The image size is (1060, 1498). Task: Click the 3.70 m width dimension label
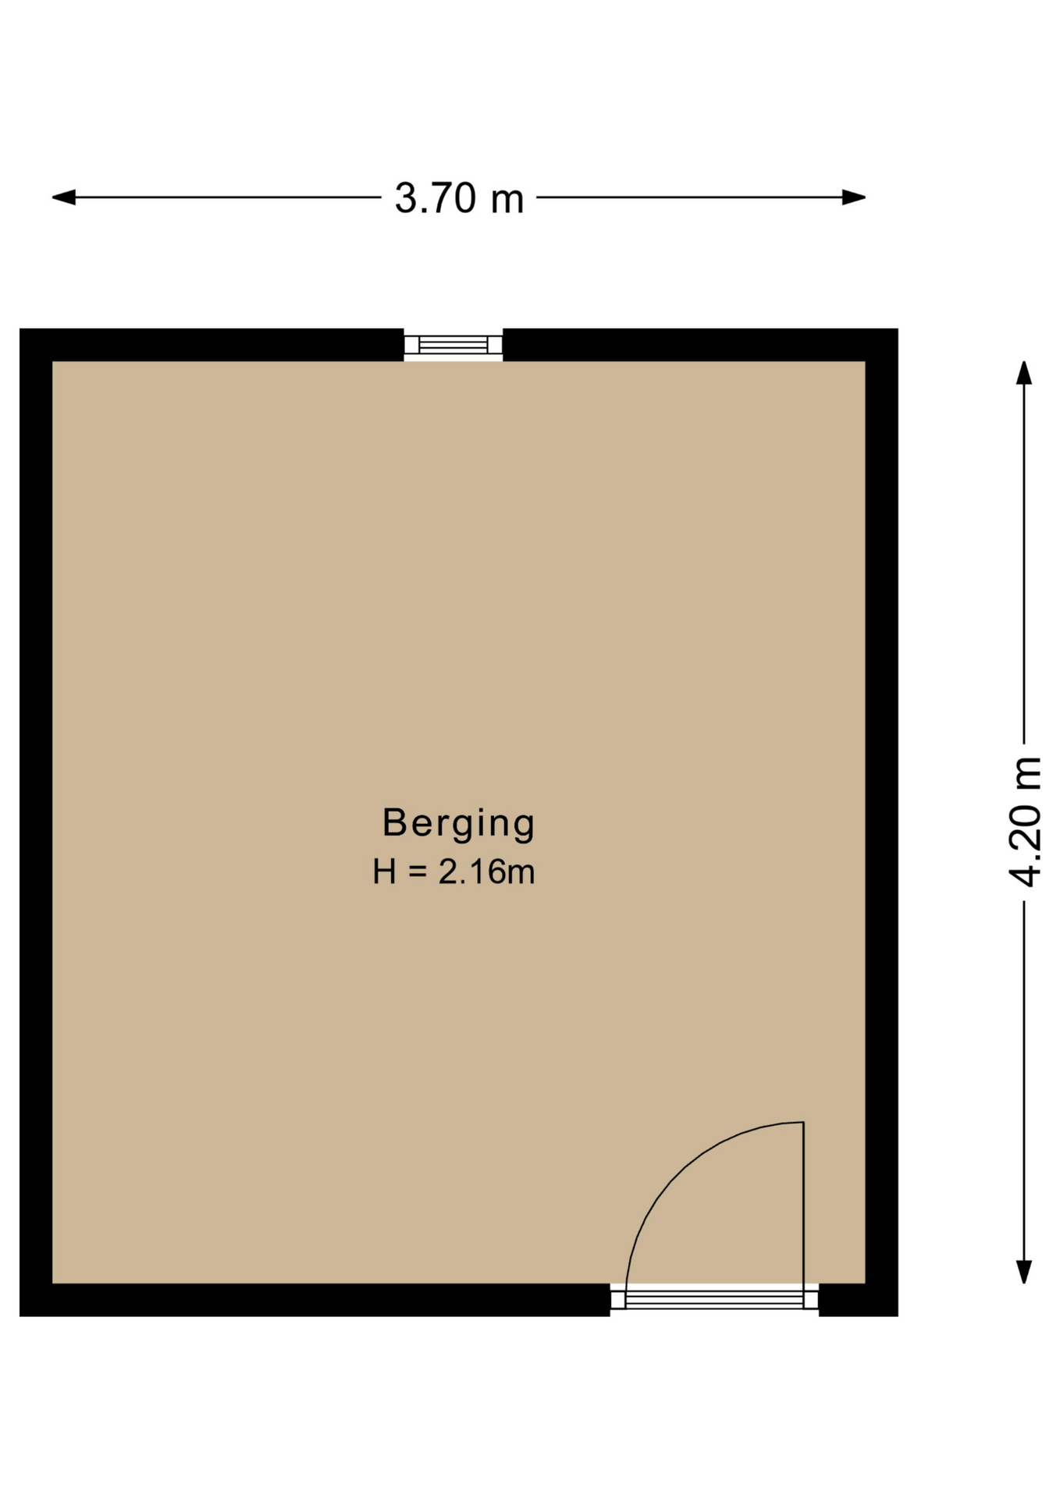click(459, 198)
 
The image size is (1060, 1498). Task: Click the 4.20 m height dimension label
click(1025, 822)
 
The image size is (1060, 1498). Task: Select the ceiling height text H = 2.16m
click(454, 871)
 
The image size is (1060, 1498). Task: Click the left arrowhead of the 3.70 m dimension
click(63, 197)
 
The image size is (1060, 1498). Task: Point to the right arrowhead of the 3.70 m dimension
click(854, 197)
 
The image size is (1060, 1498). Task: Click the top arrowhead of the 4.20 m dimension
click(1024, 372)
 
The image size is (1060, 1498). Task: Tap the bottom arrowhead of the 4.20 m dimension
click(1024, 1272)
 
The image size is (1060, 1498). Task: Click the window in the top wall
click(454, 345)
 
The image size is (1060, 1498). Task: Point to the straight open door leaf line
click(803, 1204)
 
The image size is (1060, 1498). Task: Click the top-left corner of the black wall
click(20, 329)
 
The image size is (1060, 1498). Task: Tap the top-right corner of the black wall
click(898, 329)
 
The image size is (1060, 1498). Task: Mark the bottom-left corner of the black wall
click(20, 1315)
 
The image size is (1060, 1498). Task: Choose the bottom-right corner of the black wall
click(898, 1315)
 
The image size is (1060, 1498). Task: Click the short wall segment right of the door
click(858, 1300)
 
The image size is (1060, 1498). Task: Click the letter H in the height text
click(385, 871)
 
